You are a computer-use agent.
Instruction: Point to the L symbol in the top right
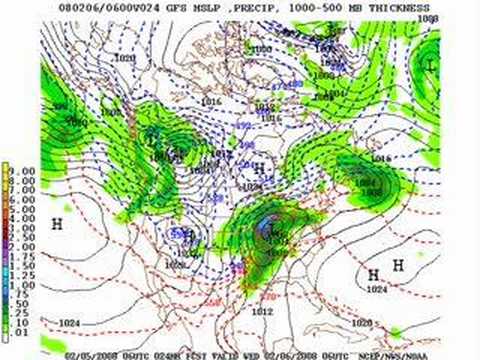click(429, 65)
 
